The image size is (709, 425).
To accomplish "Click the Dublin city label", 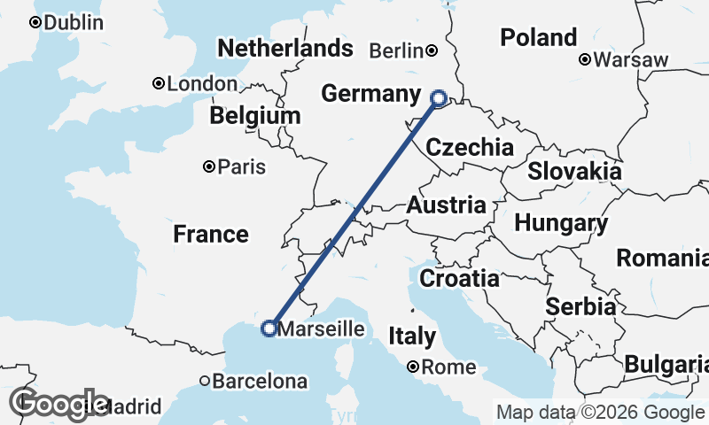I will [x=74, y=23].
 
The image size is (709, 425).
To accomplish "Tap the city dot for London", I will [x=159, y=83].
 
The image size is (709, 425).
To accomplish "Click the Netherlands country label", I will [x=284, y=48].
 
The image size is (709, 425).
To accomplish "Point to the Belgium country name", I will [x=255, y=116].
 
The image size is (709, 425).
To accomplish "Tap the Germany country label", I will [x=370, y=94].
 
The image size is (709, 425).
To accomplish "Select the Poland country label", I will [x=539, y=37].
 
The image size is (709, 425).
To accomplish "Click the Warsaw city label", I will [x=630, y=60].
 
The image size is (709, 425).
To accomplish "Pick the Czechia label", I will [x=470, y=147].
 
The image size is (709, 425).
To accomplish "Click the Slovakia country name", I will [x=574, y=171].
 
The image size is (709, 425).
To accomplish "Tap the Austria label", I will [x=447, y=205].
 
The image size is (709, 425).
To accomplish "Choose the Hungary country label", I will [x=561, y=223].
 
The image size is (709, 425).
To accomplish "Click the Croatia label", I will [x=459, y=278].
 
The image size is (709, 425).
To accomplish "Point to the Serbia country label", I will [x=581, y=306].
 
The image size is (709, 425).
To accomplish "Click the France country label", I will [x=210, y=235].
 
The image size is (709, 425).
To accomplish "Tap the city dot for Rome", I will [x=413, y=367].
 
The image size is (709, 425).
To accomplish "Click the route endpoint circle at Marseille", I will [x=269, y=328].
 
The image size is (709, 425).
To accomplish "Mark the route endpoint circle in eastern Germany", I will [x=438, y=98].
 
